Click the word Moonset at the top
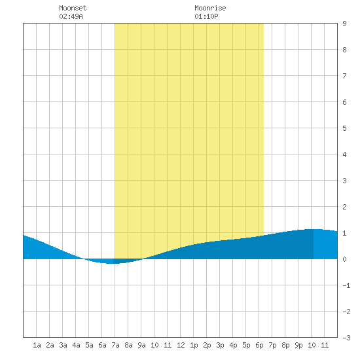point(73,8)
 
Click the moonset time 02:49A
point(71,16)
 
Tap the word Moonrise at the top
point(210,8)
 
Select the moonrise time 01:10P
point(206,16)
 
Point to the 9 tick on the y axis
point(344,24)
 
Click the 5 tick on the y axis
point(344,128)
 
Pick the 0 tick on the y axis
point(344,259)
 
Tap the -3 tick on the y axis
point(346,338)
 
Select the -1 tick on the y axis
point(346,285)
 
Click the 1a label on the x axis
point(37,345)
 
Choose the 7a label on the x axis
point(115,345)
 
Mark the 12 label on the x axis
point(181,345)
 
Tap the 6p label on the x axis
point(259,345)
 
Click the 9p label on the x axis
point(298,345)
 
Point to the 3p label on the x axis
point(220,345)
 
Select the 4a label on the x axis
point(76,345)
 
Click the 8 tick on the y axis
point(344,50)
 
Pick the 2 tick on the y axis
point(344,207)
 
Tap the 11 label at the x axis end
point(325,345)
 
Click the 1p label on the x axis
point(194,345)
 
